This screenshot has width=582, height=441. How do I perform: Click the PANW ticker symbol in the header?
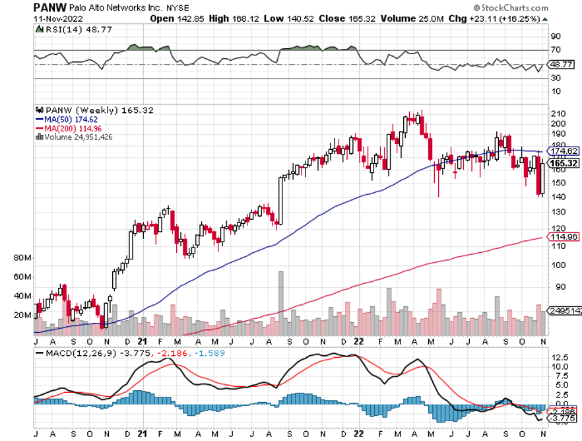[50, 8]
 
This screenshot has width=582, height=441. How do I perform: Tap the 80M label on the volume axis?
[22, 257]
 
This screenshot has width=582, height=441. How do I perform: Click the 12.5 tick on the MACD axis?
[560, 356]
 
